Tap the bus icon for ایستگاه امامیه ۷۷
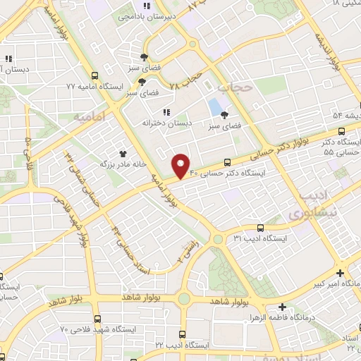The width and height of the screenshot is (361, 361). click(x=95, y=73)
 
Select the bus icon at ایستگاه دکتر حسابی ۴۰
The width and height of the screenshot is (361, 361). click(x=227, y=161)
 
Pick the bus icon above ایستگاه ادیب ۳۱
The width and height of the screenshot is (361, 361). click(x=261, y=228)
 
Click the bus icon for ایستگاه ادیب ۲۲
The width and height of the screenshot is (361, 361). click(x=183, y=334)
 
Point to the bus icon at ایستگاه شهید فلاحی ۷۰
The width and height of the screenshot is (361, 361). click(x=96, y=318)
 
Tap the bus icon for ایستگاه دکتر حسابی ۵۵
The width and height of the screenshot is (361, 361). click(x=341, y=131)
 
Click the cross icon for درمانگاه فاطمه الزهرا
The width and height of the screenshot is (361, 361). click(x=282, y=307)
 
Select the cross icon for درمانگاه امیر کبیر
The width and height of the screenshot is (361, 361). click(x=341, y=273)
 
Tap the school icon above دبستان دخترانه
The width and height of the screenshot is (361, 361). click(x=166, y=111)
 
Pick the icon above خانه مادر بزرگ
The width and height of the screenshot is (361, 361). click(x=123, y=152)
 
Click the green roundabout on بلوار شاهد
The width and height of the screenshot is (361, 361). click(x=185, y=299)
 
